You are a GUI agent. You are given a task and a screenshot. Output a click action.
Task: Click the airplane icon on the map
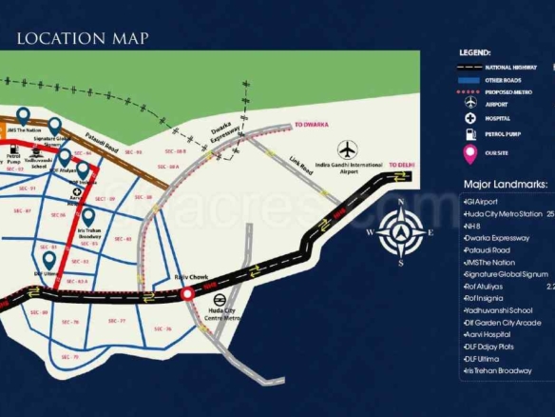(347, 149)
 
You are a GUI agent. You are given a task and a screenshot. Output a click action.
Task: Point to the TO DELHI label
(403, 166)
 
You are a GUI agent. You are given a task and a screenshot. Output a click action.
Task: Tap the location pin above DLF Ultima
(48, 259)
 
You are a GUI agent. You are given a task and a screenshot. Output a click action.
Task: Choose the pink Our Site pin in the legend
(469, 154)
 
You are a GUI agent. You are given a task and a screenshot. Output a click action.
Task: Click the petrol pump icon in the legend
(469, 135)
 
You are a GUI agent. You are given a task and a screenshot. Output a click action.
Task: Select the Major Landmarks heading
(505, 184)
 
